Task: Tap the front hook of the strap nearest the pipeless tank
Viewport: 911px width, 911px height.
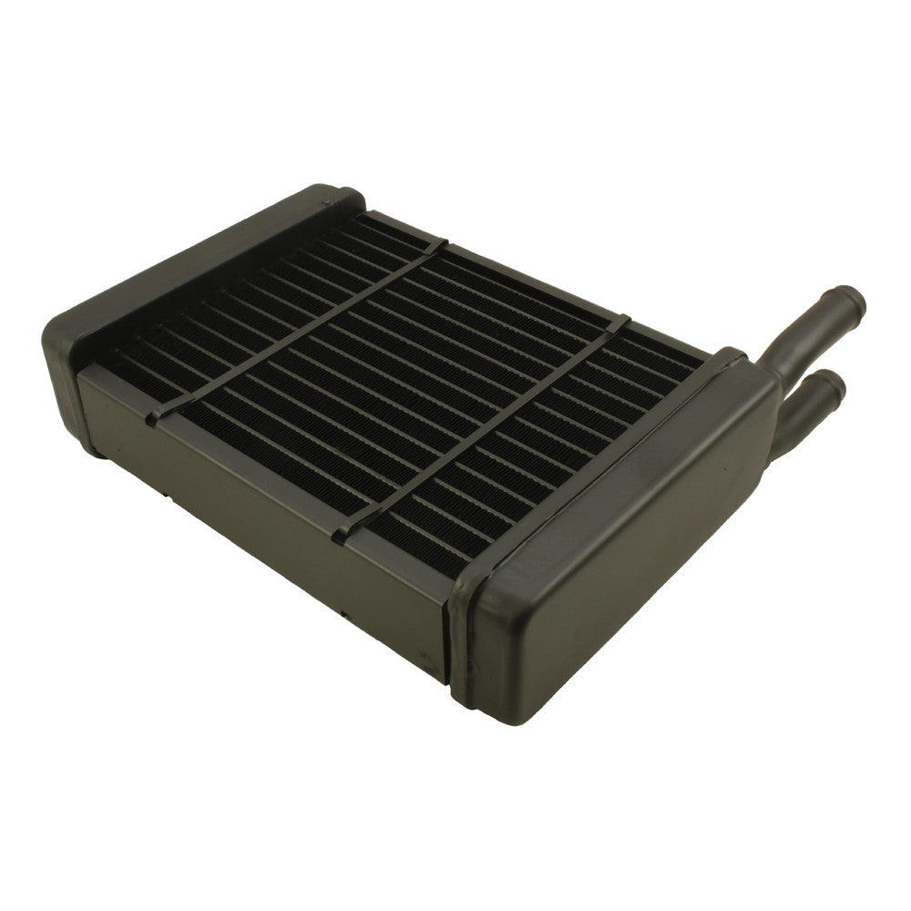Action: [153, 418]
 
